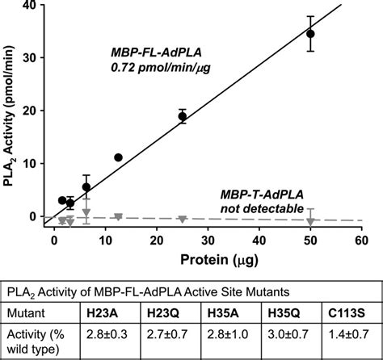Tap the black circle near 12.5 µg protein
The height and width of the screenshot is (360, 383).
pyautogui.click(x=119, y=157)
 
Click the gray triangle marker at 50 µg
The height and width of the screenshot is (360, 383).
pyautogui.click(x=310, y=222)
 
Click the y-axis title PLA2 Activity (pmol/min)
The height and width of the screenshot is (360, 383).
pyautogui.click(x=11, y=113)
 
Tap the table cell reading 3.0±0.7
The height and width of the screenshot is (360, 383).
pyautogui.click(x=293, y=333)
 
